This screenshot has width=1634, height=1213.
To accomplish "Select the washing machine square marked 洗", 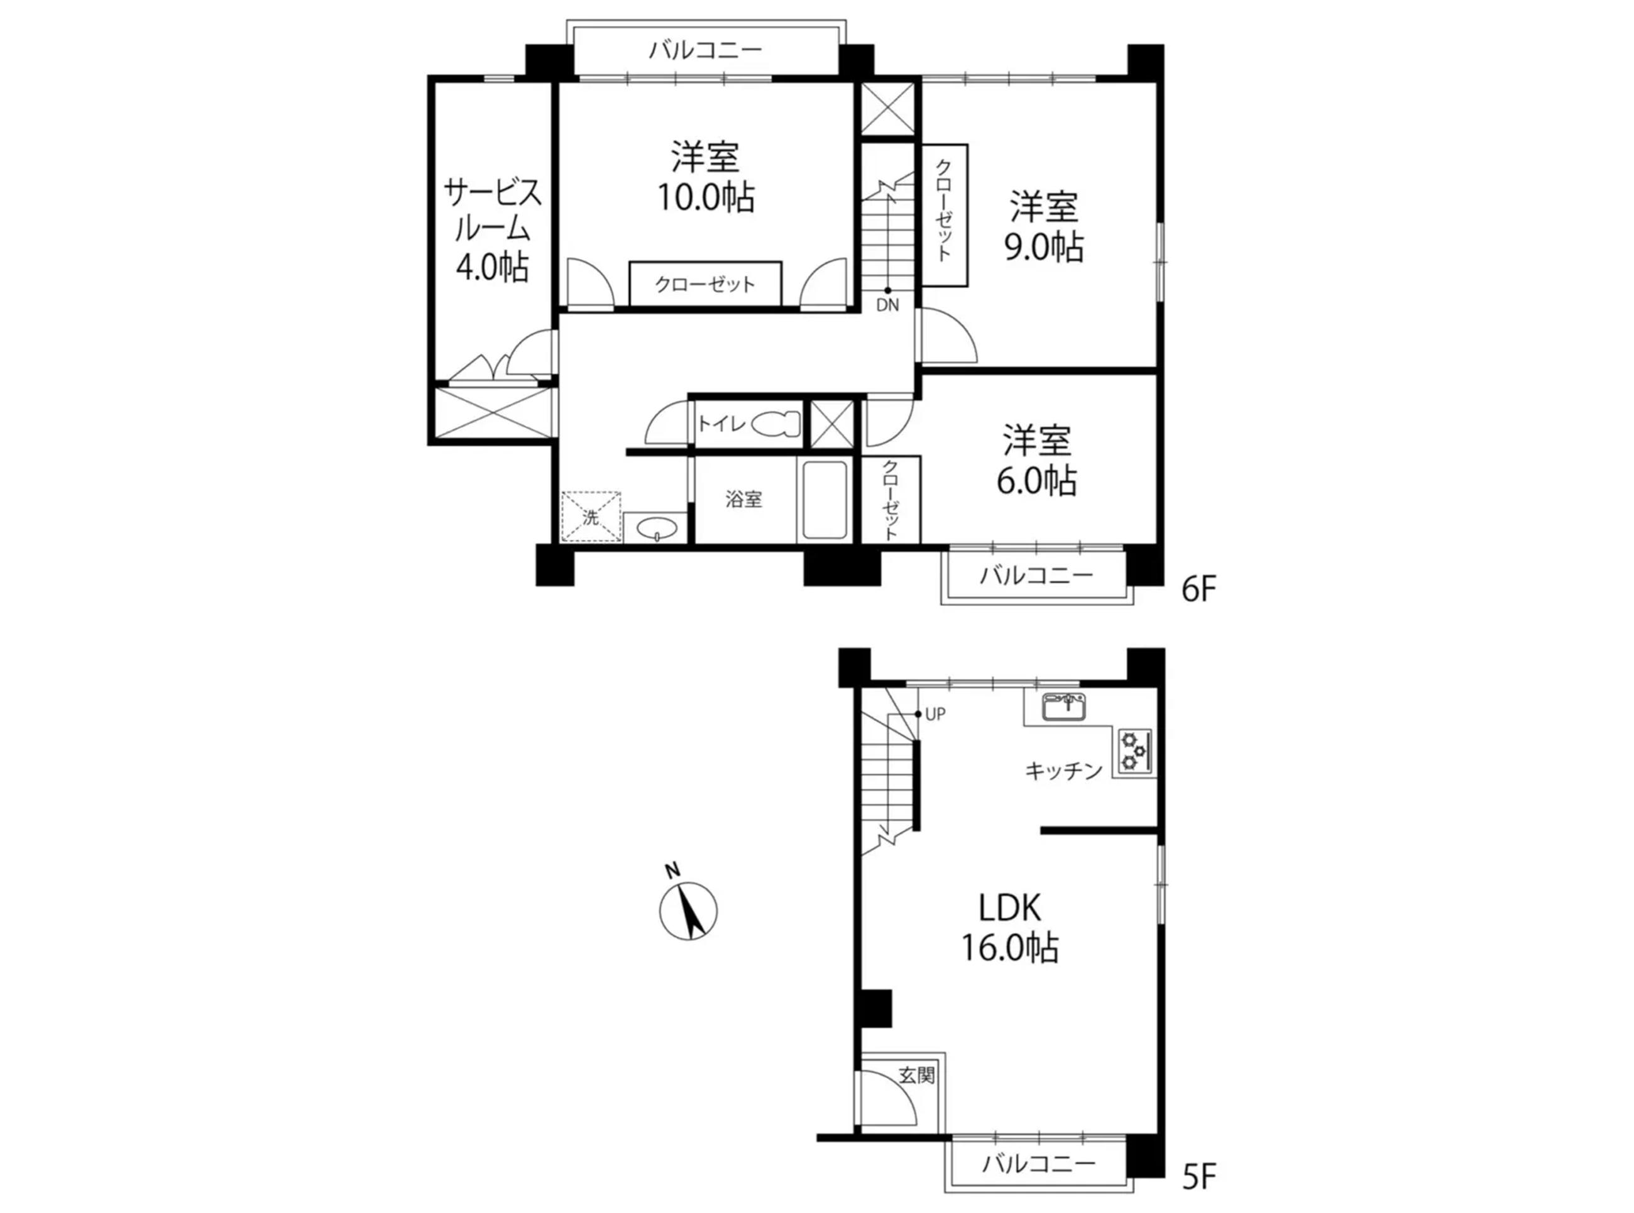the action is coord(591,517).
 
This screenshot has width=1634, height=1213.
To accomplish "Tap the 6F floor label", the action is coord(1200,590).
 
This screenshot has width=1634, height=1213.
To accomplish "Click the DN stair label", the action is coord(887,305).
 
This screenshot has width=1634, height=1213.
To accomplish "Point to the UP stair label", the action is coord(935,714).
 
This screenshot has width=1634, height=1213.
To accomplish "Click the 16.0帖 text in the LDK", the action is coord(1010,948).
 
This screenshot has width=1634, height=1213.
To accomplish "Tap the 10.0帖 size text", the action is coord(705,197).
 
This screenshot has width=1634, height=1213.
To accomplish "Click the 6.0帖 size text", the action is coord(1036,481).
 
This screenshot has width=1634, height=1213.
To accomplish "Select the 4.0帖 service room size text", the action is coord(492,267).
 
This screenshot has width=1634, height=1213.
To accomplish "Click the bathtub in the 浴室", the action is coord(825,500).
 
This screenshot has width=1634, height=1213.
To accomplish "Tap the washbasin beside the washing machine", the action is coord(655,528).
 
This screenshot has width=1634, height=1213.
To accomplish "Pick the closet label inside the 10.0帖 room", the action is coord(705,284).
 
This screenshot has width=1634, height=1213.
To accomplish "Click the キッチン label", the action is coord(1063,771).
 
